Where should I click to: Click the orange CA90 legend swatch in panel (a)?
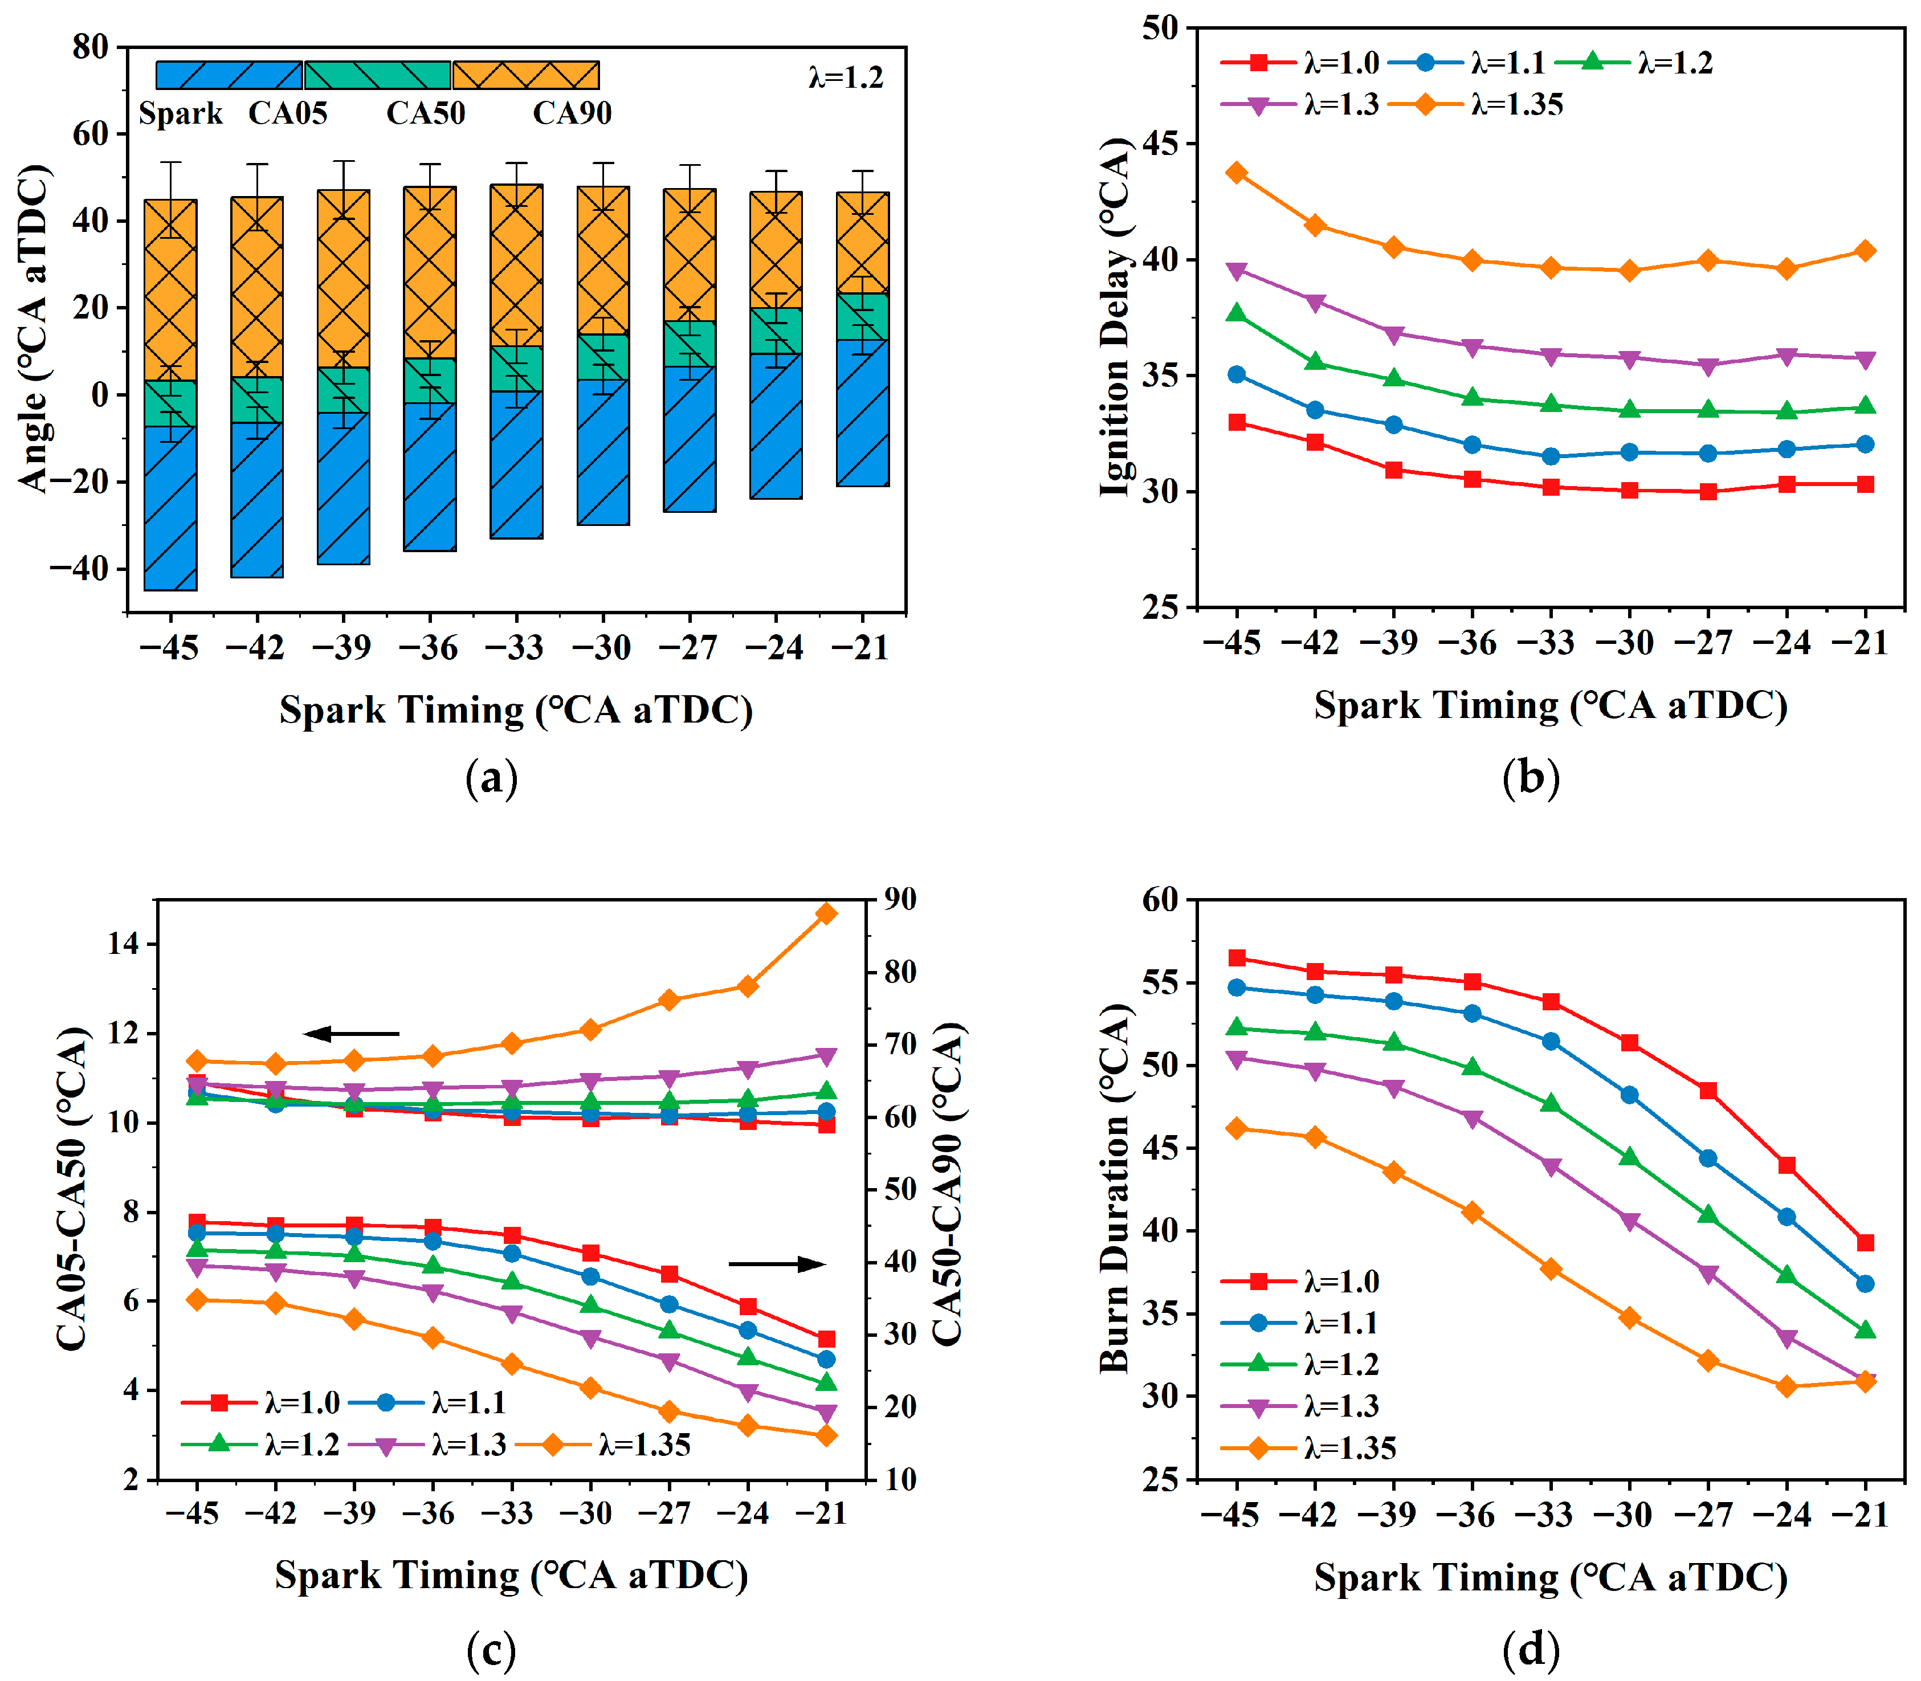(525, 75)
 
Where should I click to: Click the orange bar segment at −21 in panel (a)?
(863, 243)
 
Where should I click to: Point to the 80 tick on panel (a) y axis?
(91, 47)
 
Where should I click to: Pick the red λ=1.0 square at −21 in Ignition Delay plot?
(1865, 484)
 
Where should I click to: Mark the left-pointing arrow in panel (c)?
(352, 1034)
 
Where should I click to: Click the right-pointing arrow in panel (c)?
(777, 1263)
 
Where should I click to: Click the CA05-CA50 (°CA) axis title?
(72, 1189)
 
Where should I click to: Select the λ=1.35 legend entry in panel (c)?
(604, 1444)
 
